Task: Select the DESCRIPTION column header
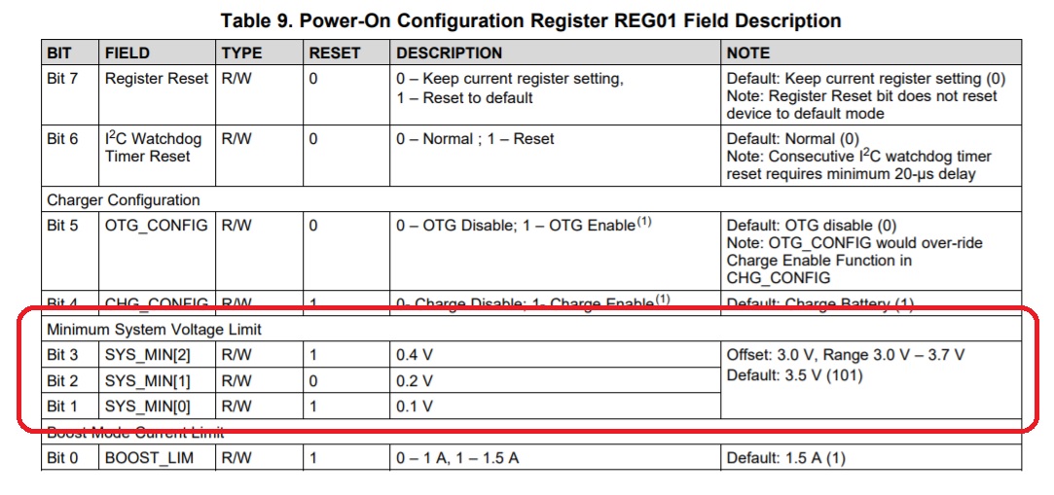pos(449,53)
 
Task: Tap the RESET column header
pos(334,53)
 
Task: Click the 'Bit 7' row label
pos(62,79)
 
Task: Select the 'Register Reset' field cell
pos(157,79)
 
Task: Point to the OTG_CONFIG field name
pos(157,226)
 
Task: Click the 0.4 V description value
pos(415,355)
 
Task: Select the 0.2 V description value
pos(415,380)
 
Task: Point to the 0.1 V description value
pos(415,406)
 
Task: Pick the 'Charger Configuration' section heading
pos(124,200)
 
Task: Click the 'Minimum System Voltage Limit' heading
pos(155,330)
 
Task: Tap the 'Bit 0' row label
pos(62,457)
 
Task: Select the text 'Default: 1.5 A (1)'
pos(786,457)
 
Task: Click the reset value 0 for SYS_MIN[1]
pos(313,380)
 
